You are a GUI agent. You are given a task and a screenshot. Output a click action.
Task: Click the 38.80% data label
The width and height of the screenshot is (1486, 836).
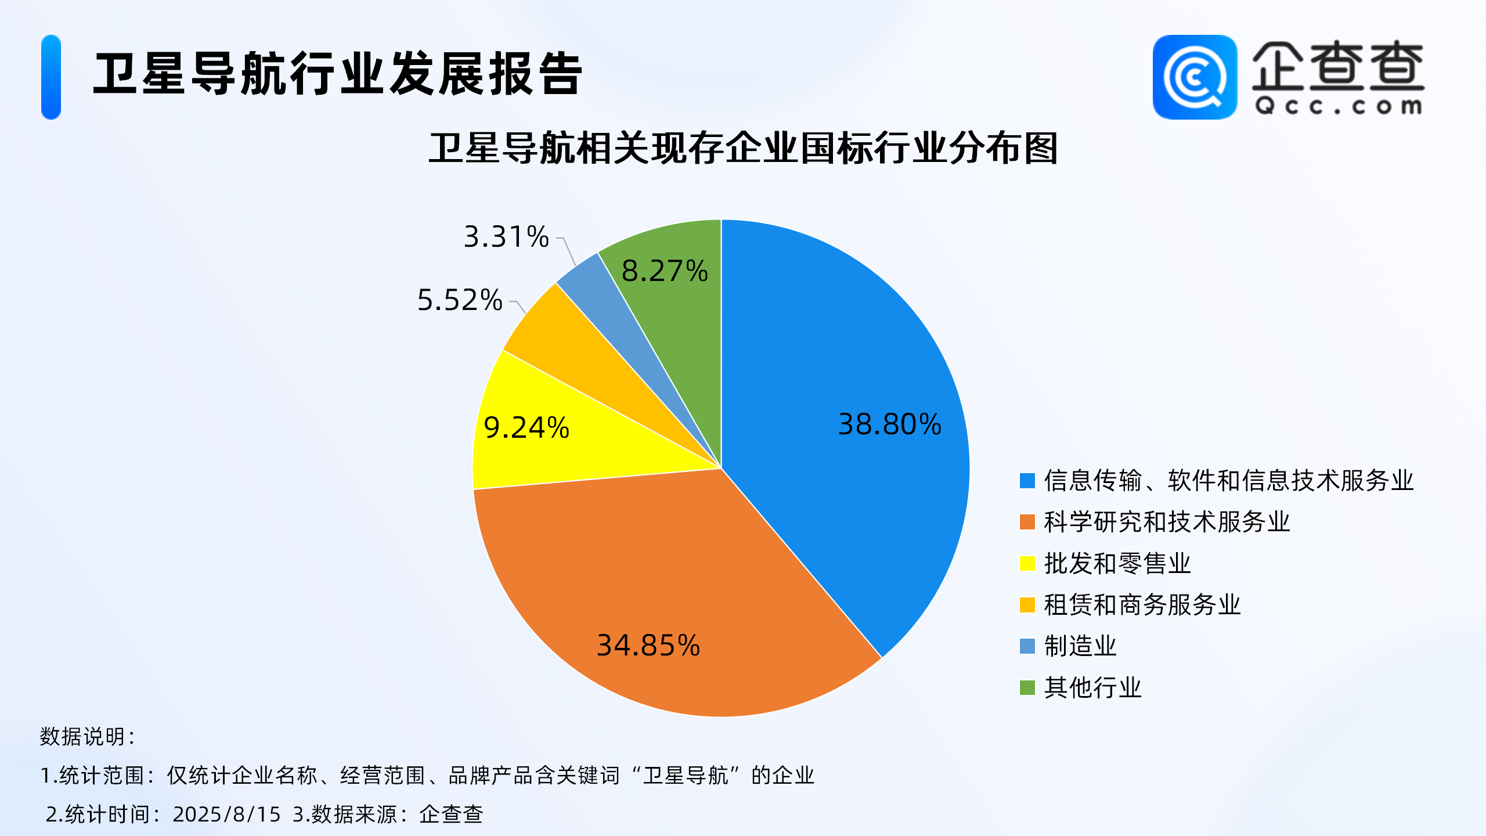click(889, 424)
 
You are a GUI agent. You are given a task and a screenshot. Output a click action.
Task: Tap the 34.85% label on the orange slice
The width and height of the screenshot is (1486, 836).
click(648, 646)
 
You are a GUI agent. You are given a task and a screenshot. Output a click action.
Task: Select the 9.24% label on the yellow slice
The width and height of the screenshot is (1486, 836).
click(526, 428)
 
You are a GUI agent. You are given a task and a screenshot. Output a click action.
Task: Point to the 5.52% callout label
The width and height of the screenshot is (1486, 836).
click(460, 300)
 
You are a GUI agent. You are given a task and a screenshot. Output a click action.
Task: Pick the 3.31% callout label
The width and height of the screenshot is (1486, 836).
click(506, 237)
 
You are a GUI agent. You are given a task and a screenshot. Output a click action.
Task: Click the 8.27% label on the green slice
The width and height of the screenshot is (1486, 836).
click(665, 271)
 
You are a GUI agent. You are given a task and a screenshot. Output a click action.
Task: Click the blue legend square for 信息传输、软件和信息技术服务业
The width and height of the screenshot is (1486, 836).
click(1027, 481)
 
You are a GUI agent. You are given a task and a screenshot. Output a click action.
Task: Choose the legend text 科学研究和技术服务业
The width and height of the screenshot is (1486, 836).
click(1167, 522)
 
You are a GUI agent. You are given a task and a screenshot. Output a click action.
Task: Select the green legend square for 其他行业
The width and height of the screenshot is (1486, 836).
click(1027, 688)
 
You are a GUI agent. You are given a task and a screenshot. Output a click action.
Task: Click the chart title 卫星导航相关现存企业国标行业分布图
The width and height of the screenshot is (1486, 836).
click(743, 149)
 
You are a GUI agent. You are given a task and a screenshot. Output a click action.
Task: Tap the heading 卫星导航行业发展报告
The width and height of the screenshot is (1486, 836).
click(338, 74)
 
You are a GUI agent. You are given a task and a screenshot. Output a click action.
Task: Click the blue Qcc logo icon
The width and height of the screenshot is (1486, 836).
click(1195, 77)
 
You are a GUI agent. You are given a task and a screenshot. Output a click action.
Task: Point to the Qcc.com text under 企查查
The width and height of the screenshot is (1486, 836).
click(1338, 106)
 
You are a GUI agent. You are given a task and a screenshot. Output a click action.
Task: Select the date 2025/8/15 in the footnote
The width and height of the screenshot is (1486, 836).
click(226, 814)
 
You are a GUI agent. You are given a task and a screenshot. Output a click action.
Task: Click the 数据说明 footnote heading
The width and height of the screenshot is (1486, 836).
click(87, 736)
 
